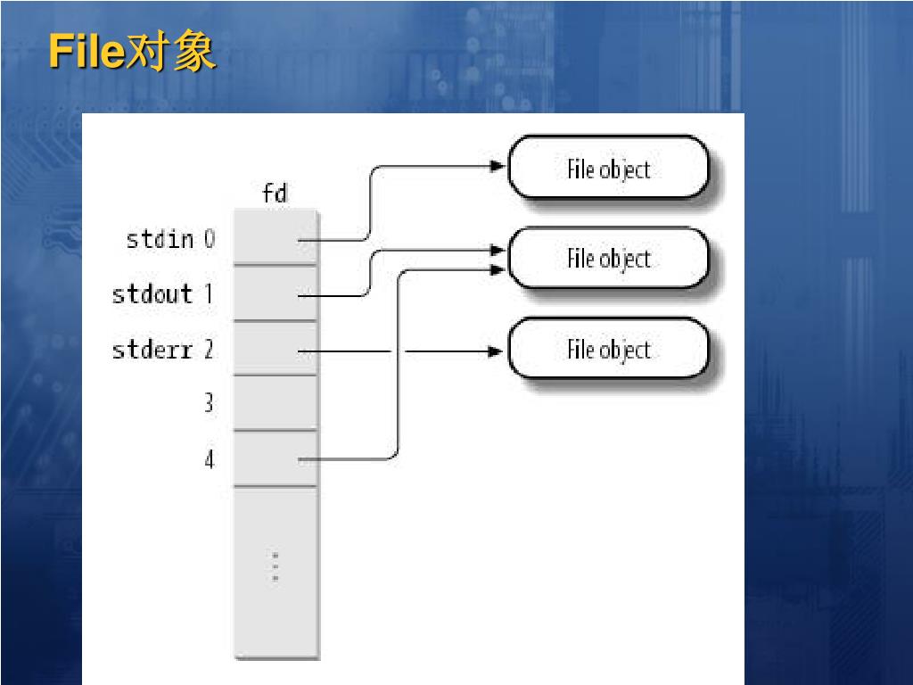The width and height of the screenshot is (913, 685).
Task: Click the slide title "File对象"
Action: [131, 53]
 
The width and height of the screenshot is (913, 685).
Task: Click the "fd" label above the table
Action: [275, 193]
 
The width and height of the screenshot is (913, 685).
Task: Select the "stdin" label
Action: [160, 239]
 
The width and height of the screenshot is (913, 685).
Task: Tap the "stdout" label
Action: [152, 293]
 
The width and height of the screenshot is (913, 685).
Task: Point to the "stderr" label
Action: [152, 350]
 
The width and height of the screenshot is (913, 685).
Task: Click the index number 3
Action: [209, 403]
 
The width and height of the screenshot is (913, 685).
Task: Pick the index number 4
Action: [209, 459]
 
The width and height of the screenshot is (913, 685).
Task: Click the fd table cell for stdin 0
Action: [275, 237]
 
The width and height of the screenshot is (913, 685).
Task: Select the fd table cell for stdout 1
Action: [275, 293]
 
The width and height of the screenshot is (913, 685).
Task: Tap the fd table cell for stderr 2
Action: [275, 348]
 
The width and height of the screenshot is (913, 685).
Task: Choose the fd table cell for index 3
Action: [275, 402]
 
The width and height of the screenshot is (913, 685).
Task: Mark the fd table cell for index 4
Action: [275, 458]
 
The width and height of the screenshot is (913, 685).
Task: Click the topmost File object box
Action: [608, 169]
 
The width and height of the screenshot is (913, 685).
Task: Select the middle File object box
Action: [608, 259]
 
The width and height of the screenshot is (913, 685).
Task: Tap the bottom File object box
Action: [608, 350]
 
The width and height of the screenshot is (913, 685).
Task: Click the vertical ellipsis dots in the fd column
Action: [276, 567]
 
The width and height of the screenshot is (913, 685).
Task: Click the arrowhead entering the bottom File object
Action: [496, 351]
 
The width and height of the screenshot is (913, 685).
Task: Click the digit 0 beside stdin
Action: [209, 239]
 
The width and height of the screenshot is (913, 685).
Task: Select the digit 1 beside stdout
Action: [209, 293]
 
